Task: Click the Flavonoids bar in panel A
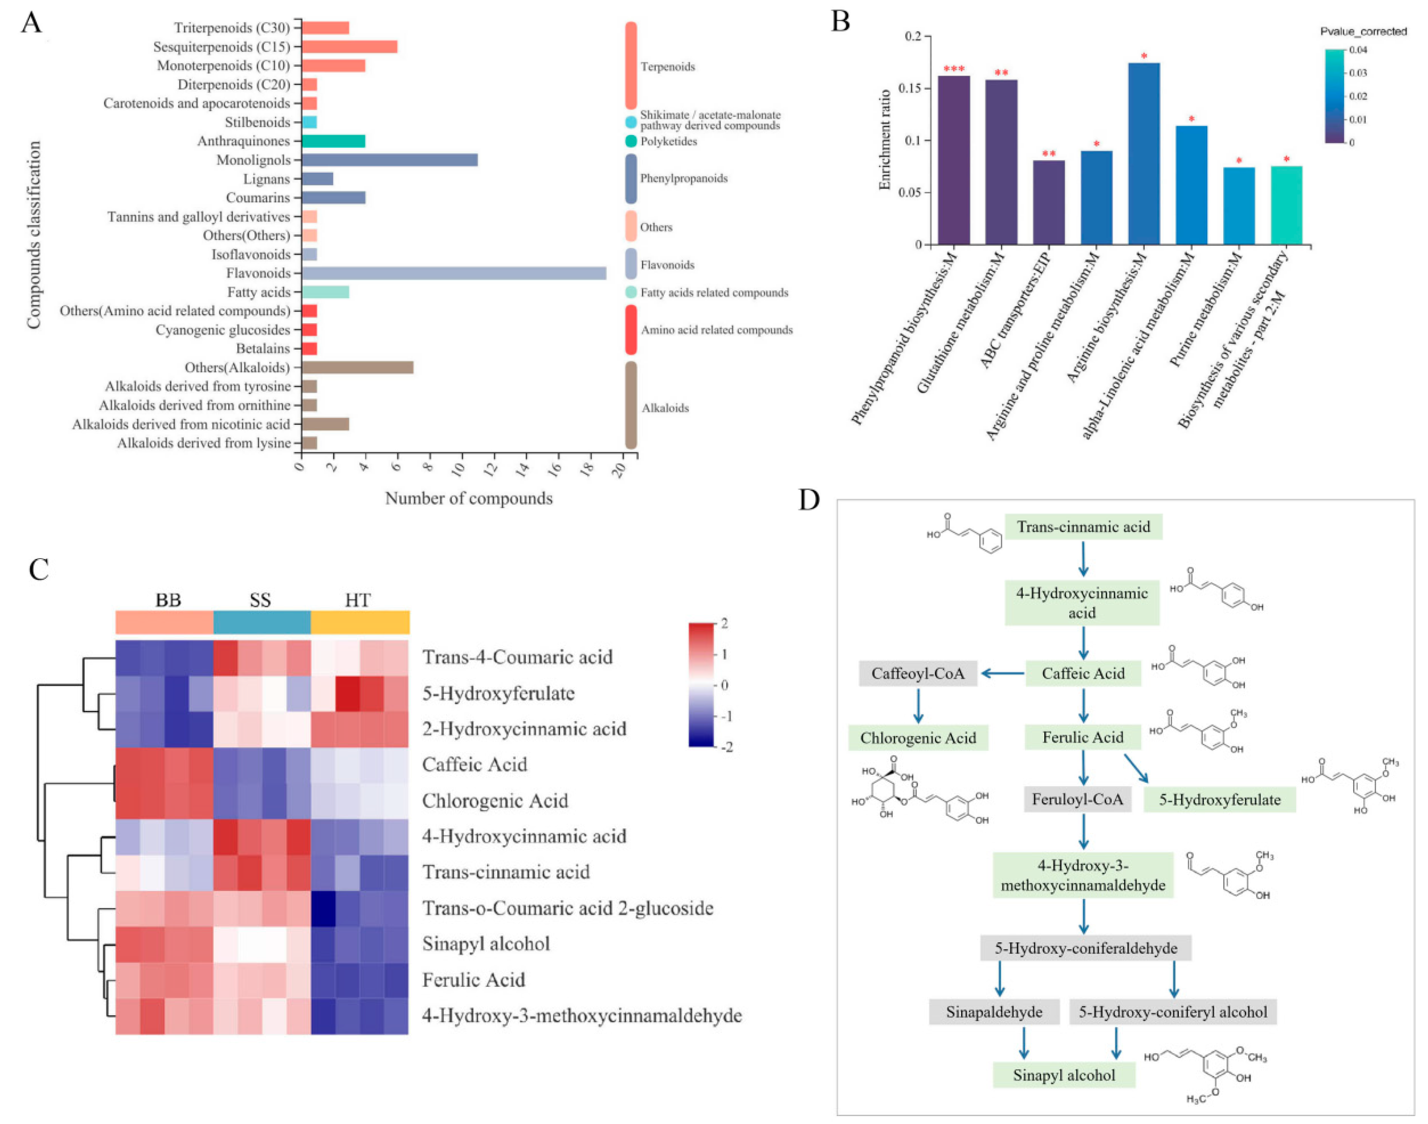(454, 273)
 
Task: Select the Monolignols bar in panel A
(389, 160)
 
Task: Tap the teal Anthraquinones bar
(333, 141)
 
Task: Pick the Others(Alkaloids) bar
(357, 367)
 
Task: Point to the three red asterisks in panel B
(953, 69)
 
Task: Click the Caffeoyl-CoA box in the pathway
(918, 673)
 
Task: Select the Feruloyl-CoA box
(1077, 799)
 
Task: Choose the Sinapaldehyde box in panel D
(993, 1012)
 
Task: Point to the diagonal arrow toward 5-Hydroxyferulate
(1135, 768)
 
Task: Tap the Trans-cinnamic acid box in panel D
(1083, 526)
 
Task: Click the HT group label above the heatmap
(358, 600)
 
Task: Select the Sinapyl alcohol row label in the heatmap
(486, 944)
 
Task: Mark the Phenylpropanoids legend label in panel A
(683, 178)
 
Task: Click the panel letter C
(39, 569)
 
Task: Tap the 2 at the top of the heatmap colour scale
(724, 623)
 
